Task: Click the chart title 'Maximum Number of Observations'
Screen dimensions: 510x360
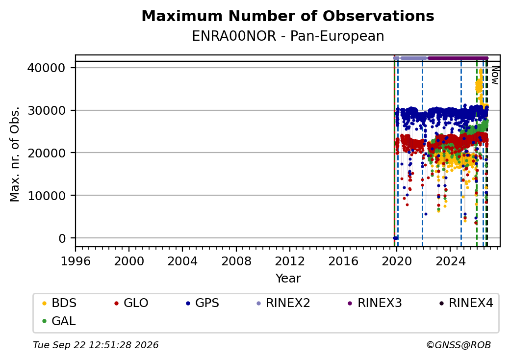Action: [288, 16]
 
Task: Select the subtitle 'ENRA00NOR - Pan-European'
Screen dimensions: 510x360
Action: [288, 36]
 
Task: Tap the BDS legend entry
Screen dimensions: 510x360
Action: [59, 303]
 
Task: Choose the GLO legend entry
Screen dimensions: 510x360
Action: [131, 303]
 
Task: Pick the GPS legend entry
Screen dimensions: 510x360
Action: [203, 303]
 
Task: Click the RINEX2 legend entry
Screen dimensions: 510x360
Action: [283, 303]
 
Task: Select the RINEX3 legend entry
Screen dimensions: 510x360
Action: [375, 303]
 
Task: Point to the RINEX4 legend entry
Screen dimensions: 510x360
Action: [466, 303]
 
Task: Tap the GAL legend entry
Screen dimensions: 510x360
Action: [59, 321]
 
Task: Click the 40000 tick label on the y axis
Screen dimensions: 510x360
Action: [47, 68]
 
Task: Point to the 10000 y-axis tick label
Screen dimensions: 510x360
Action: [47, 196]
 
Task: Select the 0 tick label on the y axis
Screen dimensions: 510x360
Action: [62, 238]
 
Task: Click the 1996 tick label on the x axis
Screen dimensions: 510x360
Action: [76, 261]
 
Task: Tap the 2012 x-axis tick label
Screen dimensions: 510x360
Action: [290, 261]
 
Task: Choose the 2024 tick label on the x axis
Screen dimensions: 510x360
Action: [450, 261]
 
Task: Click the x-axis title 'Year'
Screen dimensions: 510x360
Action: [288, 279]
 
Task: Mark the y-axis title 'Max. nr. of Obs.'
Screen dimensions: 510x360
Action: [15, 154]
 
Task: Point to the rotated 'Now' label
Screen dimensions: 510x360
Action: [495, 75]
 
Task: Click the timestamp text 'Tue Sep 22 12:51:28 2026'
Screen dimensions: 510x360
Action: [96, 345]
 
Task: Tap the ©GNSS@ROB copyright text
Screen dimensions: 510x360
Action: [459, 345]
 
